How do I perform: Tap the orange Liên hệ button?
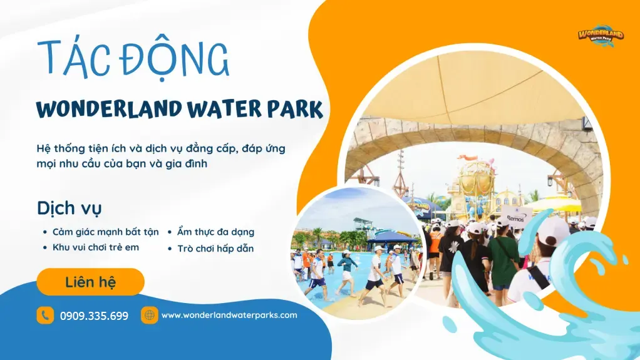(x=90, y=282)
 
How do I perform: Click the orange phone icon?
(x=45, y=315)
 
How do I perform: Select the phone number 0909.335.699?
(x=94, y=316)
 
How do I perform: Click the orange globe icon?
(x=149, y=315)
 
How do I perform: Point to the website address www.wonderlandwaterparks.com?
(x=229, y=315)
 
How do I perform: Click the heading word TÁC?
(x=69, y=59)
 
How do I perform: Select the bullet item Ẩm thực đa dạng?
(x=215, y=232)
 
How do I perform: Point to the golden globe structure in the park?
(x=476, y=182)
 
